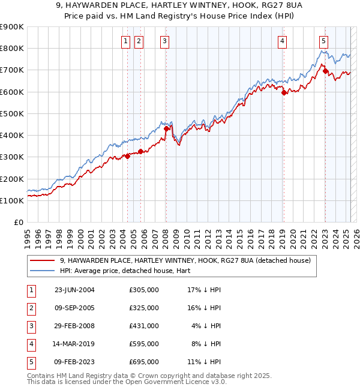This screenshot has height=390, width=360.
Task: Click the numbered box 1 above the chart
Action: coord(125,41)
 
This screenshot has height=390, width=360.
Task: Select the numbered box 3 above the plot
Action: coord(164,41)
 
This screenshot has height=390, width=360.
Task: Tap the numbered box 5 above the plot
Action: coord(323,41)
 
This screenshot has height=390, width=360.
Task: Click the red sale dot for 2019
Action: coord(284,92)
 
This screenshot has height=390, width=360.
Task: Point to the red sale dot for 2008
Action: coord(166,128)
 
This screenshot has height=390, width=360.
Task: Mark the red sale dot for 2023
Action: coord(325,71)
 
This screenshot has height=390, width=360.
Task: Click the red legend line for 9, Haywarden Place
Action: coord(42,260)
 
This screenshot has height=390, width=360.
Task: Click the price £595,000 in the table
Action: coord(144,344)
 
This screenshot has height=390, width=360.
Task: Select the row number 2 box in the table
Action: coord(31,308)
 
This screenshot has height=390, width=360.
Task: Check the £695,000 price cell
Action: coord(144,362)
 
